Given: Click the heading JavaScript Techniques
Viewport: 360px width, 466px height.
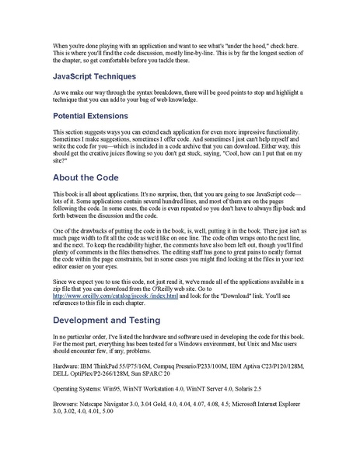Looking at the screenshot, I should [94, 77].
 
